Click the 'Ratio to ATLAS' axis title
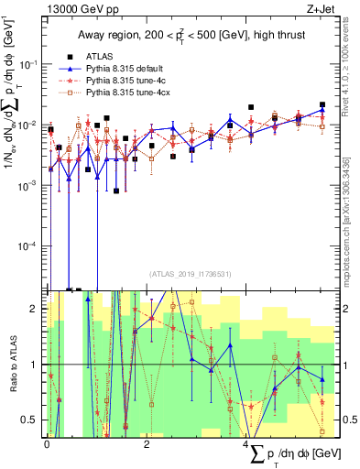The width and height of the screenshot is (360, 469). coord(12,364)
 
